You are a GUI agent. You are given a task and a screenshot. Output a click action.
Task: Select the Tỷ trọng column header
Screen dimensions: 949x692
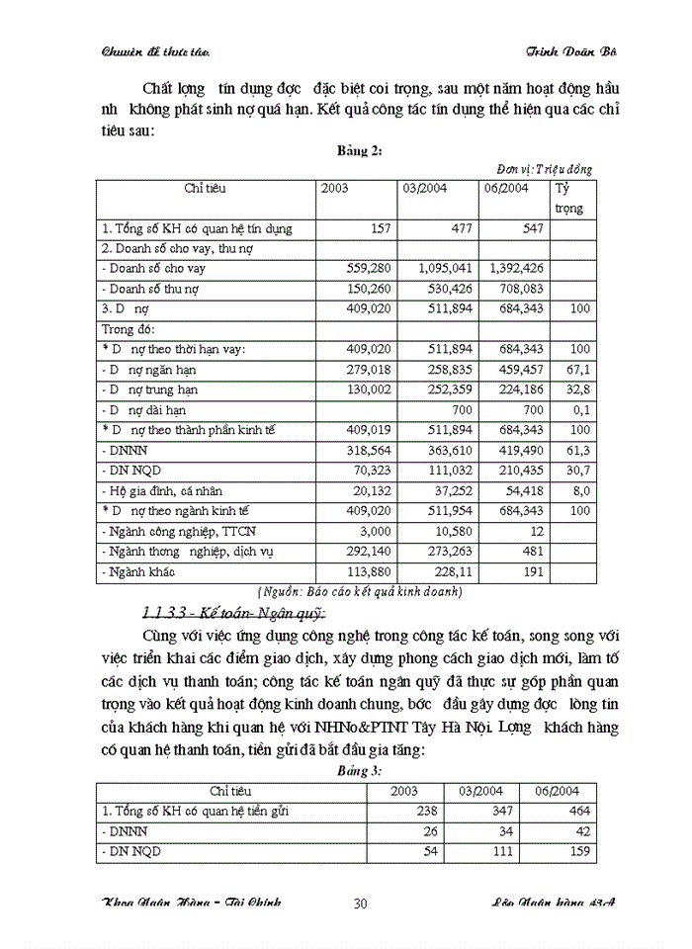570,198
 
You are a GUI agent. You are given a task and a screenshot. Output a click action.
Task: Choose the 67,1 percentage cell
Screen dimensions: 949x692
579,369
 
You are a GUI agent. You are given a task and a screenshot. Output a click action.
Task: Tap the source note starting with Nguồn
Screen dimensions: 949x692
358,592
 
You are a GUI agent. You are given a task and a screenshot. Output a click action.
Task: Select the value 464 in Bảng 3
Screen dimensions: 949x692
571,811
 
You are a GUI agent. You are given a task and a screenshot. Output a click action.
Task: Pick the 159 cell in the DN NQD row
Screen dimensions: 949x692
571,850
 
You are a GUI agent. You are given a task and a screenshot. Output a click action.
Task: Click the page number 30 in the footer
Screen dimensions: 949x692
360,903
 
